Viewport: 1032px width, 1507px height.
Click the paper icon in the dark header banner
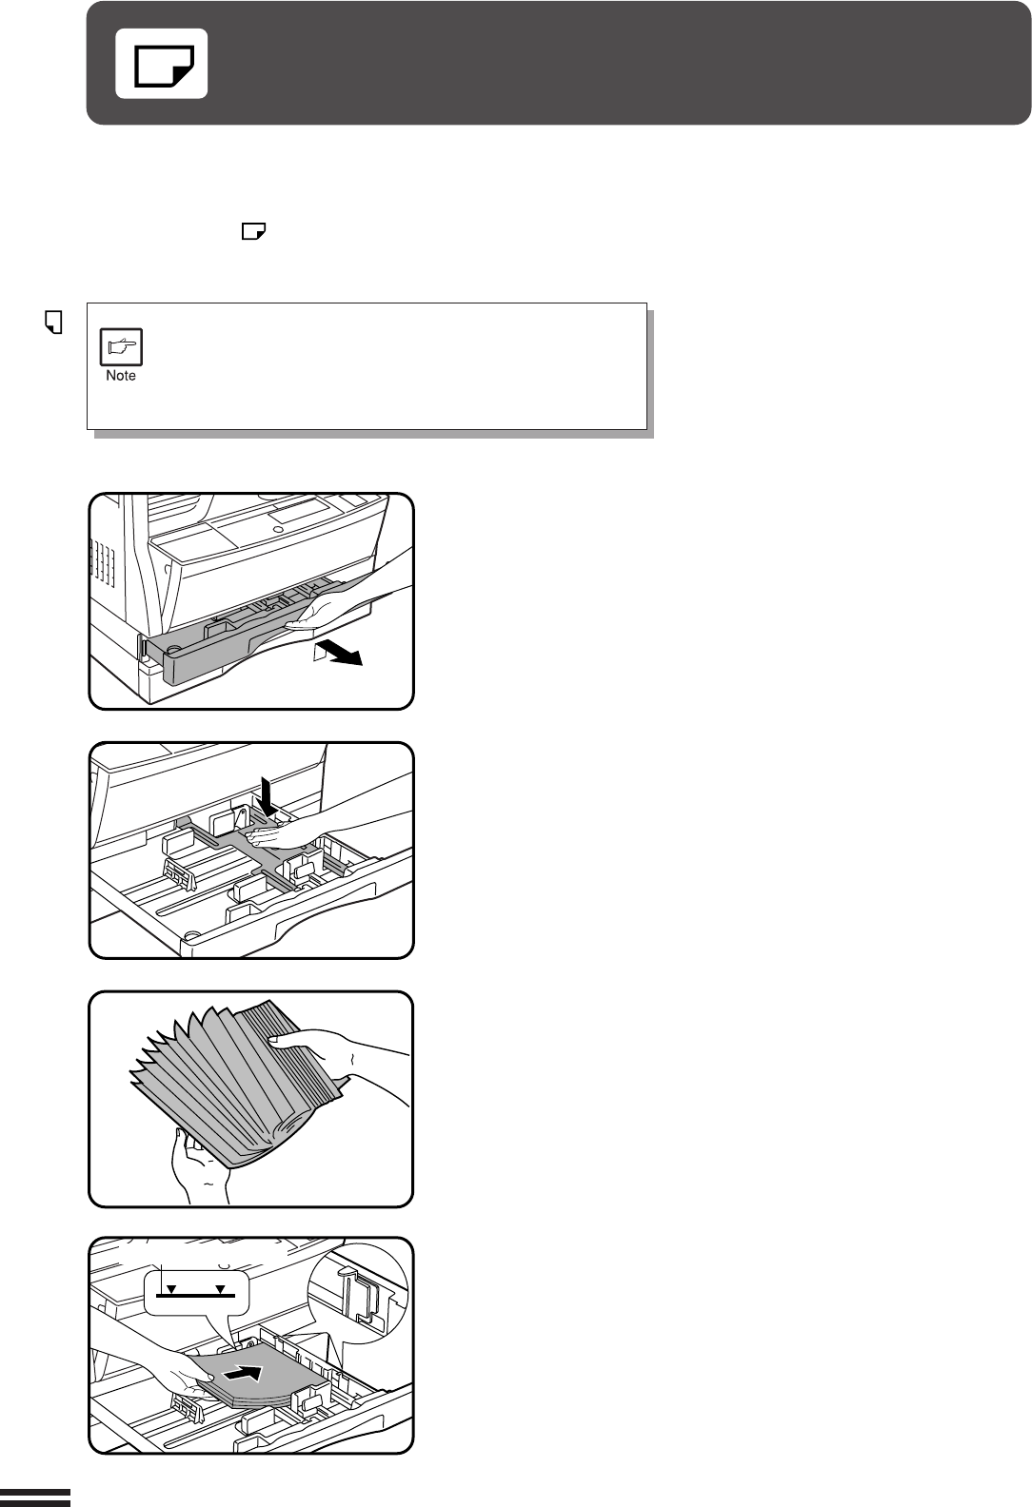click(x=161, y=64)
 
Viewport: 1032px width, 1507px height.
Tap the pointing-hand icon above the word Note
click(x=121, y=347)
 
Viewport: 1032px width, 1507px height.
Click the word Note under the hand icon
click(x=121, y=376)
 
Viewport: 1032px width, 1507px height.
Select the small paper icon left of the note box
click(x=53, y=322)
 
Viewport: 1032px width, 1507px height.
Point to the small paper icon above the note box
click(x=254, y=231)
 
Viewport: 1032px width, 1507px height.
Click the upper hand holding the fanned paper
click(x=337, y=1055)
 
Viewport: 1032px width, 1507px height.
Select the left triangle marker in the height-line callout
click(x=171, y=1289)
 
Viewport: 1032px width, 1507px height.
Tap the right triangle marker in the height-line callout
click(x=220, y=1289)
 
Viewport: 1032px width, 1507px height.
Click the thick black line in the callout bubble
click(x=195, y=1295)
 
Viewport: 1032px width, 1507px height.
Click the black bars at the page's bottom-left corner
click(x=35, y=1497)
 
